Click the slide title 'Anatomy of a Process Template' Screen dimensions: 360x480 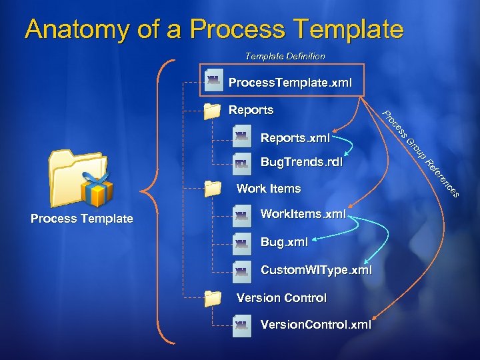214,29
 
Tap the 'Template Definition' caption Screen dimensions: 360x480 285,56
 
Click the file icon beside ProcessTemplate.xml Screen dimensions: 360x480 214,81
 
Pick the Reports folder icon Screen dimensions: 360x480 212,111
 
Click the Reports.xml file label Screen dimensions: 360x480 295,138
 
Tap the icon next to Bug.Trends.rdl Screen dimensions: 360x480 241,162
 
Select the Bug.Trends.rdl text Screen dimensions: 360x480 301,161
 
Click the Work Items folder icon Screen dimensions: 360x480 212,189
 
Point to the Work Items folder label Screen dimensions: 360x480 269,189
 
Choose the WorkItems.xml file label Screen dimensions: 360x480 303,214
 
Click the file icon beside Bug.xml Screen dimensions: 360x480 241,243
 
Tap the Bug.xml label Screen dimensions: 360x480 284,242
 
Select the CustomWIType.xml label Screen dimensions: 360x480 316,270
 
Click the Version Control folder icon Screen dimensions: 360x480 212,298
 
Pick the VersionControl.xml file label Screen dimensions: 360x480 315,325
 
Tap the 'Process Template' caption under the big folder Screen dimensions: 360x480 82,219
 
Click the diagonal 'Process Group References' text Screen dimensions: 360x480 421,154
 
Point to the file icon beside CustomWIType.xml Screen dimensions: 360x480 241,271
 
